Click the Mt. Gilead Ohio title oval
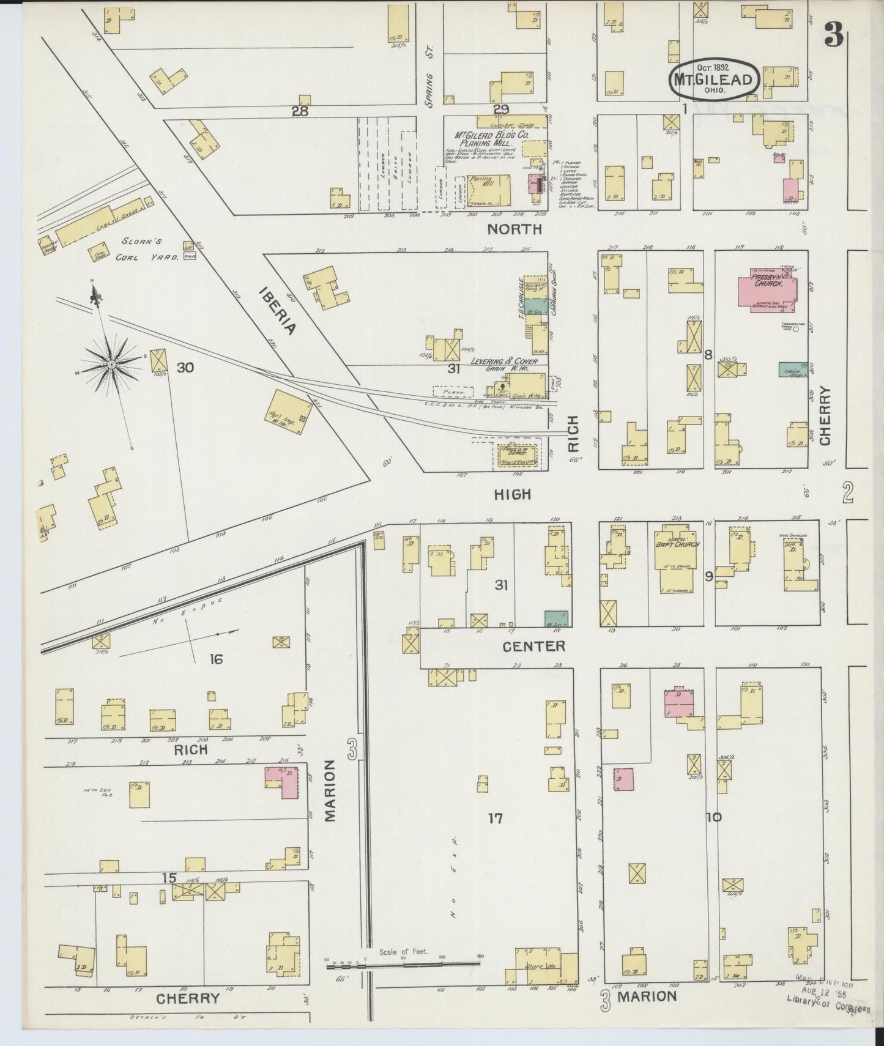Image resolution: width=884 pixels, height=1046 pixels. (x=714, y=80)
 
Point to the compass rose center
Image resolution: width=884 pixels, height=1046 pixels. (x=112, y=365)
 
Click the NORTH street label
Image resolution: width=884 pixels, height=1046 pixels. (x=514, y=229)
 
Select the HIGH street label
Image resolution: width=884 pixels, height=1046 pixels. (x=513, y=494)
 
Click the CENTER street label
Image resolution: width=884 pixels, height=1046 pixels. (x=533, y=646)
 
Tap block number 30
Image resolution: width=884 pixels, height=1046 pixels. (x=185, y=368)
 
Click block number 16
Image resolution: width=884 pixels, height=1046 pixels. (x=215, y=659)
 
